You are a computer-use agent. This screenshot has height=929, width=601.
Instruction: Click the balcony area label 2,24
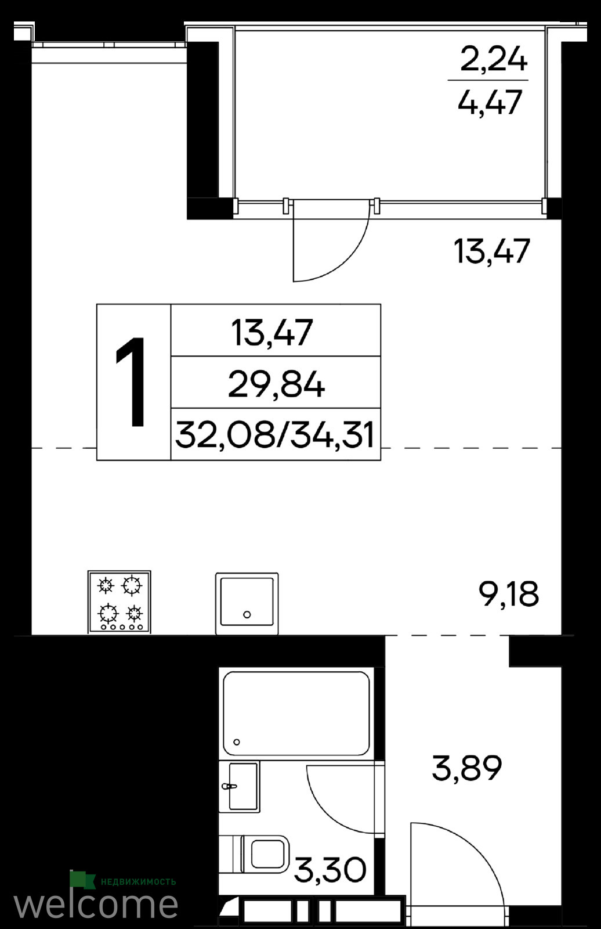494,60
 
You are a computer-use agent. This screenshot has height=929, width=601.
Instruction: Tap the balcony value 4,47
489,102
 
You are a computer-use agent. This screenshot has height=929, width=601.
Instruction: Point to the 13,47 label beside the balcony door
491,251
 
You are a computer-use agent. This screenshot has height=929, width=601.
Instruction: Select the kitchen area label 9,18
509,594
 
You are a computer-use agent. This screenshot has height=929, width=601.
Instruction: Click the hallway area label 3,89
467,768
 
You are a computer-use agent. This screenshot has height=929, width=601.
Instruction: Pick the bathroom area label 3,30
330,869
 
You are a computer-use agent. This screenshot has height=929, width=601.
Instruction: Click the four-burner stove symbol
120,602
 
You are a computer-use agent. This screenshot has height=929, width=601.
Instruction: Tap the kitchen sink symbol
247,603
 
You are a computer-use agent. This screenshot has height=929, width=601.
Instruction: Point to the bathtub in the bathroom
296,714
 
